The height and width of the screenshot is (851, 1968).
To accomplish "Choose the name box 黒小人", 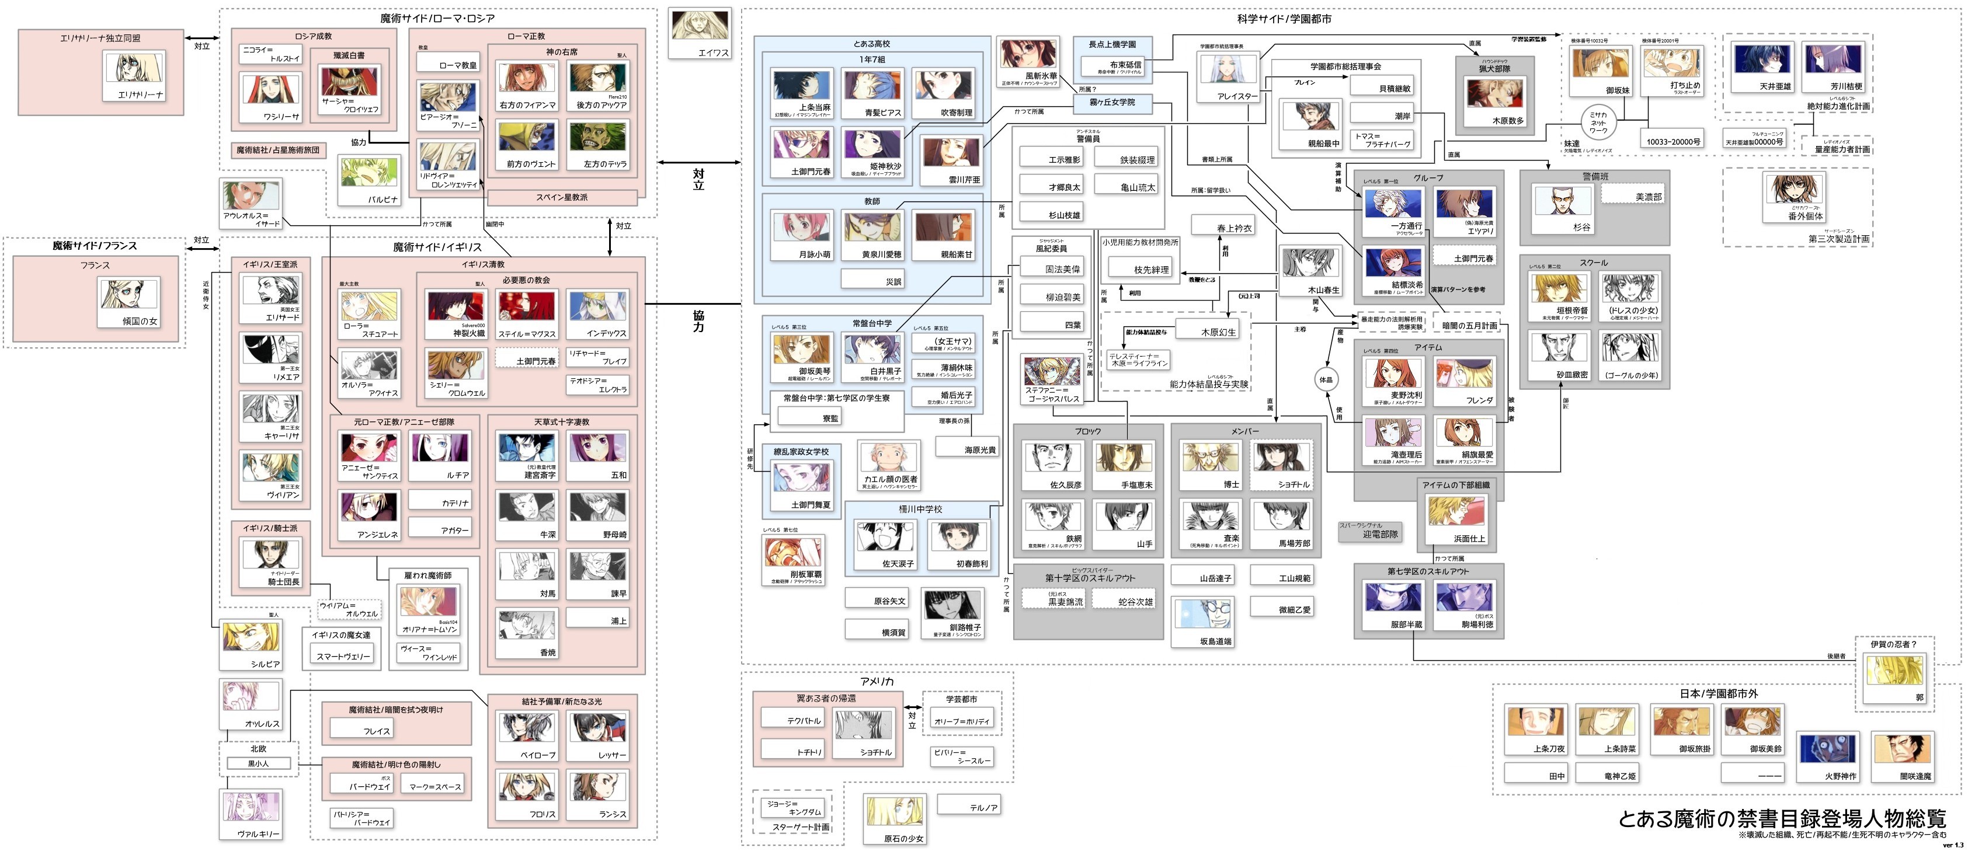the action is [x=258, y=763].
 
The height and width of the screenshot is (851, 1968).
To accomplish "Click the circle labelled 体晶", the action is [x=1326, y=379].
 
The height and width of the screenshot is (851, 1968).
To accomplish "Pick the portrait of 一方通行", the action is [x=1393, y=203].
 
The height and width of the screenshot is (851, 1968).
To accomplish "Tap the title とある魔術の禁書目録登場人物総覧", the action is [x=1781, y=818].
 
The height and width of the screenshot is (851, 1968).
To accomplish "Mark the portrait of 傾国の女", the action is [x=128, y=295].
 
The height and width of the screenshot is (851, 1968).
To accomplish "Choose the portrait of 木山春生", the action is [x=1309, y=264].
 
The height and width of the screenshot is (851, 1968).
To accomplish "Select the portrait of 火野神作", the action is [x=1825, y=749].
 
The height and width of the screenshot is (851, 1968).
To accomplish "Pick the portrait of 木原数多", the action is [x=1494, y=94].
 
